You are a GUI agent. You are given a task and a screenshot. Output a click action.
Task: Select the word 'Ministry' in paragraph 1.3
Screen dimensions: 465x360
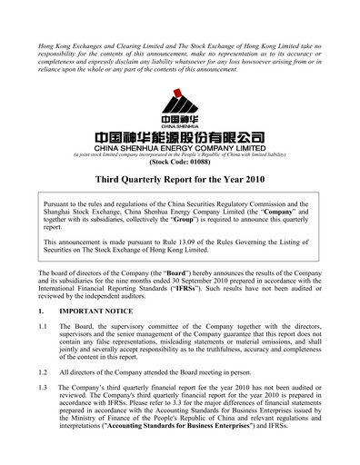(93, 424)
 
